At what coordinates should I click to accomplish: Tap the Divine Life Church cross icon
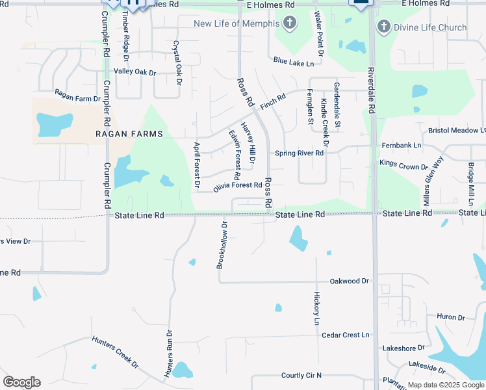tap(383, 27)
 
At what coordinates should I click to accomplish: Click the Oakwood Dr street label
tap(349, 281)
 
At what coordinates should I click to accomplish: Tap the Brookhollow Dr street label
tap(222, 246)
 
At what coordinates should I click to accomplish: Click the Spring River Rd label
tap(299, 153)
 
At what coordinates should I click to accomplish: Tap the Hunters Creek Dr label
tap(115, 352)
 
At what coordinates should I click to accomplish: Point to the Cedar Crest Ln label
tap(345, 335)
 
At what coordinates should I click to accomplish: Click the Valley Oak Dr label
tap(134, 71)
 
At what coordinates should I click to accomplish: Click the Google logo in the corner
tap(21, 382)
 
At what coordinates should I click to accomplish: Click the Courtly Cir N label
tap(301, 375)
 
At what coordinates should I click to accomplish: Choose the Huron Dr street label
tap(451, 317)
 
